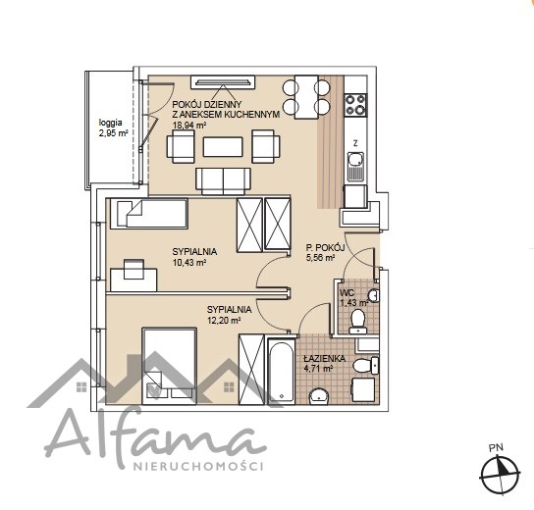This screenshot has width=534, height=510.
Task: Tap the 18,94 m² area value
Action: click(189, 126)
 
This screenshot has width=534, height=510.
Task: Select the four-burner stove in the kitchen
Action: click(355, 105)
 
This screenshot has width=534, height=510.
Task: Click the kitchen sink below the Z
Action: click(355, 167)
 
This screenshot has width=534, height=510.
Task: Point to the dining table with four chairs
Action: click(306, 97)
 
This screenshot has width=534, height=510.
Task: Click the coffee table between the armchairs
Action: click(223, 147)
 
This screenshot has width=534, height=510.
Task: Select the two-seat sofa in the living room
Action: click(223, 181)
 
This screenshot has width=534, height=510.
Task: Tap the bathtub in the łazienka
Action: click(281, 371)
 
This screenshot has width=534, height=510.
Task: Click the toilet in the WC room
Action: click(357, 321)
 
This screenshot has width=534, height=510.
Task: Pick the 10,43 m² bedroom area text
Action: click(189, 263)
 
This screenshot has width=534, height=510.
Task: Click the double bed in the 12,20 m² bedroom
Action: click(169, 366)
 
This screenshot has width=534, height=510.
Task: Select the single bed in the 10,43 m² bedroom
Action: click(149, 214)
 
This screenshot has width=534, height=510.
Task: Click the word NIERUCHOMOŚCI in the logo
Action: click(198, 466)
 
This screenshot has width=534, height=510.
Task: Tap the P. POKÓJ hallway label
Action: click(326, 248)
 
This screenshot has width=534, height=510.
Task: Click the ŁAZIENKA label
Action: click(324, 359)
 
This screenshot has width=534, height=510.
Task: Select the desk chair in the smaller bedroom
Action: click(133, 269)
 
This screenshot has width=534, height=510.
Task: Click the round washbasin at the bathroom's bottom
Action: click(319, 397)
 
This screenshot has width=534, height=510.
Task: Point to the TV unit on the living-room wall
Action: click(223, 82)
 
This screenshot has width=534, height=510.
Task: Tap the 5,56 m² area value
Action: click(320, 258)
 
